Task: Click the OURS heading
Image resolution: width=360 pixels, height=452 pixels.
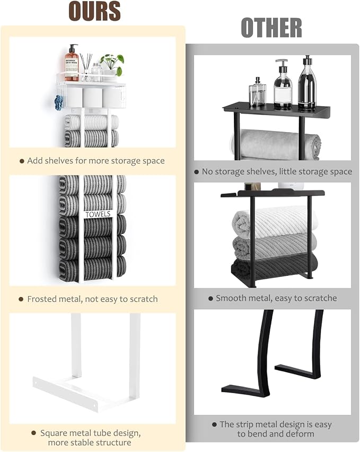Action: point(94,11)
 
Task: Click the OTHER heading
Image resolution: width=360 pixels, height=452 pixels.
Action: point(271,28)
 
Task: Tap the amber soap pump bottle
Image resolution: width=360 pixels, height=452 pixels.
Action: point(72,63)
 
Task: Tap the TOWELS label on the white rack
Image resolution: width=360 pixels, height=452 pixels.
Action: point(98,214)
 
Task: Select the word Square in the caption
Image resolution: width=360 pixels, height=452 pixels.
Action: point(54,433)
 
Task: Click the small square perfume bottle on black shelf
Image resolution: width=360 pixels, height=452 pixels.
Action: point(257,93)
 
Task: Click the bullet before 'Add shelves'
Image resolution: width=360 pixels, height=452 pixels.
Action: point(22,161)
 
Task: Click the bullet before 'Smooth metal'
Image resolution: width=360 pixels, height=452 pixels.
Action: point(210,298)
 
